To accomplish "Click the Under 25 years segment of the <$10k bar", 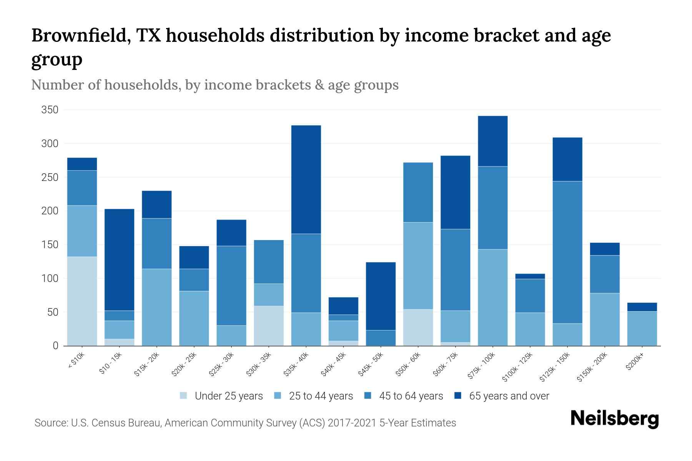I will pos(82,301).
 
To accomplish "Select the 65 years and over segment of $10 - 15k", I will pos(119,260).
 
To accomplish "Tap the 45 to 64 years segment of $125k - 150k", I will pos(567,252).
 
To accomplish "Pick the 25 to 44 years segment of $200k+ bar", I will pos(642,328).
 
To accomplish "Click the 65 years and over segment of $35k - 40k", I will pos(306,179).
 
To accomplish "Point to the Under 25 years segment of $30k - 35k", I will pos(269,326).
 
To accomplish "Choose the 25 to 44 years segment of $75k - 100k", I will pos(492,297).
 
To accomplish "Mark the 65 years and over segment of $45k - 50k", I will pos(381,296).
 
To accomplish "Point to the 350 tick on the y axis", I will pos(50,110).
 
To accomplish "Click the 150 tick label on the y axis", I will pos(50,245).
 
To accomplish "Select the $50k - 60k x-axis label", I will pos(409,365).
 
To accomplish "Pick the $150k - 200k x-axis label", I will pos(592,367).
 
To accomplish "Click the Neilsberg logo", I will pos(614,419).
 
